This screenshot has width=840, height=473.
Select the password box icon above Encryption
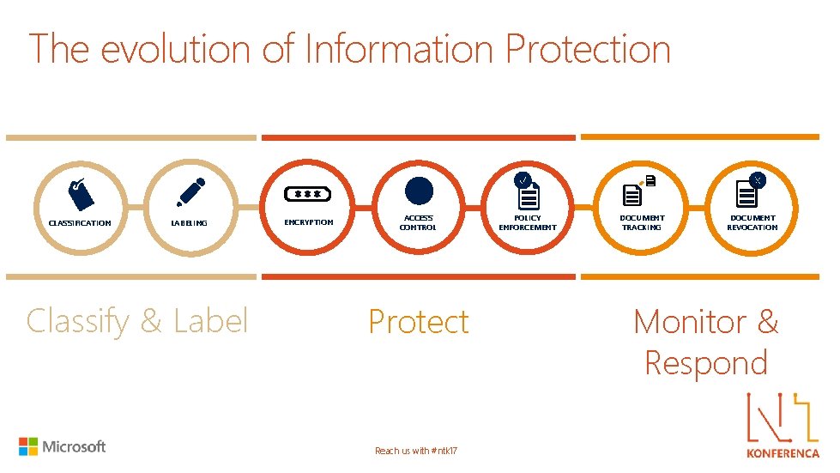coord(308,193)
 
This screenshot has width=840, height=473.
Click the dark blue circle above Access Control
coord(419,190)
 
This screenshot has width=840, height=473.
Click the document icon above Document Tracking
coord(634,194)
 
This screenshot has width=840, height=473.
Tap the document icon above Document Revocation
coord(746,193)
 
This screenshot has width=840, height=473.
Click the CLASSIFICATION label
coord(80,223)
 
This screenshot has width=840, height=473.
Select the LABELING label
coord(189,223)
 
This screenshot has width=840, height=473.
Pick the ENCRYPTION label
coord(308,222)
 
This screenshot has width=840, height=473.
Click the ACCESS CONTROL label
coord(418,223)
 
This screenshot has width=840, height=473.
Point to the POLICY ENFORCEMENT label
coord(528,223)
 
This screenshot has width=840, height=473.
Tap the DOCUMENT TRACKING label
coord(642,223)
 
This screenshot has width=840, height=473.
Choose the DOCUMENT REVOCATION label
coord(752,223)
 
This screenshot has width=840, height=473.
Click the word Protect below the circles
coord(419,322)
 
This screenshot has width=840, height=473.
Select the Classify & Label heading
coord(137,321)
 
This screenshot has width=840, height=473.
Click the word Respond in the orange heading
coord(705,362)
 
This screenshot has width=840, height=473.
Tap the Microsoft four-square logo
coord(28,446)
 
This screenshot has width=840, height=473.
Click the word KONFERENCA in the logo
coord(783,452)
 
